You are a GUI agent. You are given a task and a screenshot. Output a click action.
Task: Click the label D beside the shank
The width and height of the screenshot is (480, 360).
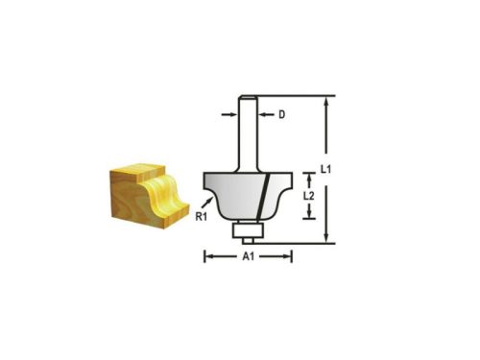(282, 115)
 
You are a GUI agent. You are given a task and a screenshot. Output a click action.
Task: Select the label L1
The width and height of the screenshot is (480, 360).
(325, 169)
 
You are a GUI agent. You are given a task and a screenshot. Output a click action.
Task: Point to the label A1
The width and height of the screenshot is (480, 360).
(247, 257)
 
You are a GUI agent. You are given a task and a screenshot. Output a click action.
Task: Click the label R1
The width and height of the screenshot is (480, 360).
(202, 218)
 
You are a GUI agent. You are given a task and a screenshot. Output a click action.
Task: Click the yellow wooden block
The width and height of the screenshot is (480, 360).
(145, 196)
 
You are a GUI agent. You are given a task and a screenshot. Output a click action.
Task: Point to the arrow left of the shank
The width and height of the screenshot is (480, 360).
(230, 115)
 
